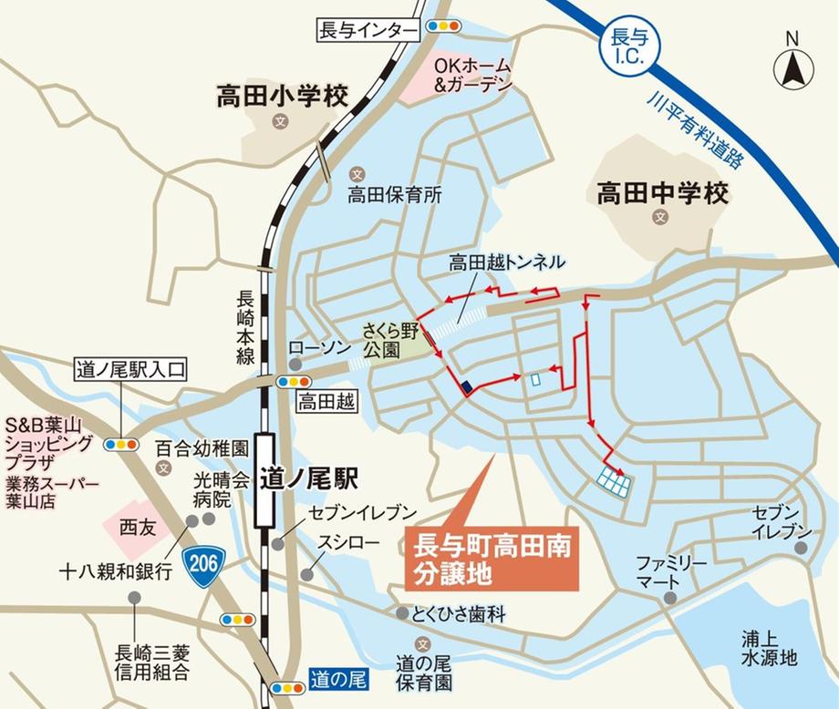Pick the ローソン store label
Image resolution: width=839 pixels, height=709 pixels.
pyautogui.click(x=314, y=348)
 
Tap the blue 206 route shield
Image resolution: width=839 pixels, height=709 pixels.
pyautogui.click(x=203, y=563)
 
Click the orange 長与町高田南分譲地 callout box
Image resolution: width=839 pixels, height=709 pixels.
pyautogui.click(x=492, y=558)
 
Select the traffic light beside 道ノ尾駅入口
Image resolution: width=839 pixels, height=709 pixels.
pyautogui.click(x=121, y=445)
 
